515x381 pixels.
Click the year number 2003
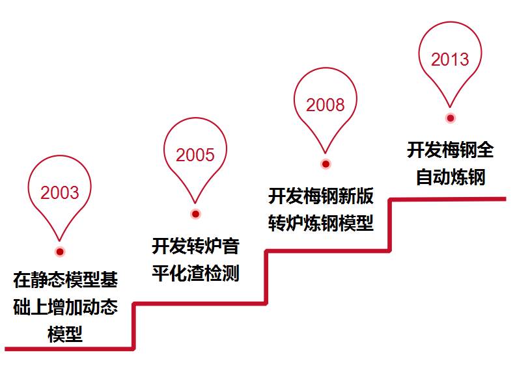coord(59,192)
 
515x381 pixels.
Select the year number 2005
coord(195,155)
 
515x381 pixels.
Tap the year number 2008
coord(325,105)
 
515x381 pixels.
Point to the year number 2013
coord(450,60)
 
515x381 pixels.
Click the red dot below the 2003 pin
coord(60,252)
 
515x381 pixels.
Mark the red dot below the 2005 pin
coord(195,214)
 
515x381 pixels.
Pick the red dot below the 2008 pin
coord(326,164)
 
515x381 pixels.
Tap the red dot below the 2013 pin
coord(450,118)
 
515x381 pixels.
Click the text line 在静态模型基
coord(65,280)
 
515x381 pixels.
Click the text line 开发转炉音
coord(195,246)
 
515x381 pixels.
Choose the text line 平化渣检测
coord(195,273)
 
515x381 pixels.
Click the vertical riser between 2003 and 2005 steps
coord(134,326)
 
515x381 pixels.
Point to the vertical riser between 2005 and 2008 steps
coord(266,277)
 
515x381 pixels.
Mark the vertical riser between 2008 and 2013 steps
coord(390,225)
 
